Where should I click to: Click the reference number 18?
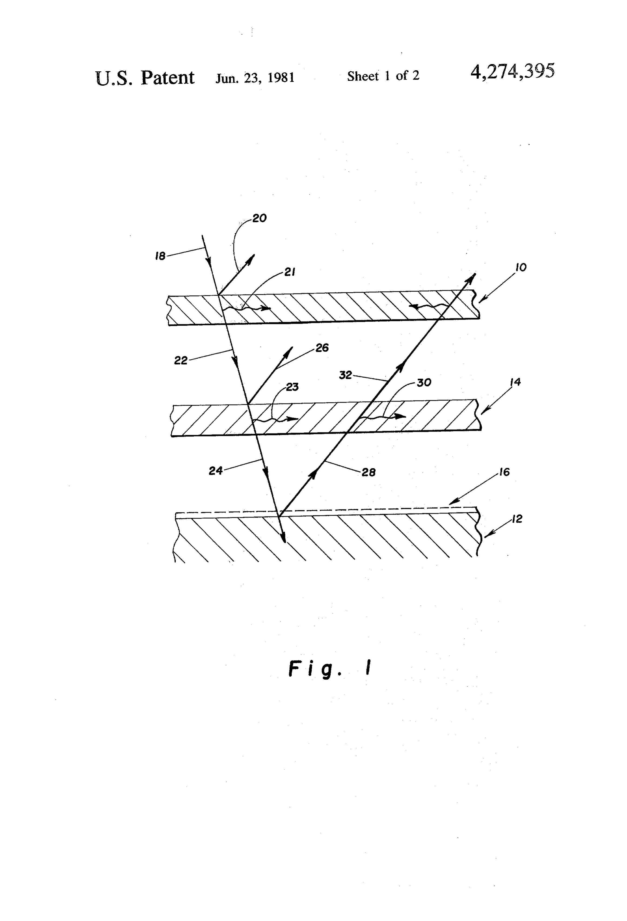point(160,256)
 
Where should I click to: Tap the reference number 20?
point(260,218)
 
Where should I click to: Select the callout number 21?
point(290,272)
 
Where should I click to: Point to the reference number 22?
point(181,361)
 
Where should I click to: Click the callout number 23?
point(292,387)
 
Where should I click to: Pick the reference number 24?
point(216,471)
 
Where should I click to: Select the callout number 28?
point(369,472)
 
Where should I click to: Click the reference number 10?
point(521,268)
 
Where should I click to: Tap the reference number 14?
point(515,382)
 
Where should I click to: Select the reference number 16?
point(504,472)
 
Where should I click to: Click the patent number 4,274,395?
point(512,72)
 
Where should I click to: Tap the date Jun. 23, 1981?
point(255,78)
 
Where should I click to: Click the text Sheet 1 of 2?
point(383,76)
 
